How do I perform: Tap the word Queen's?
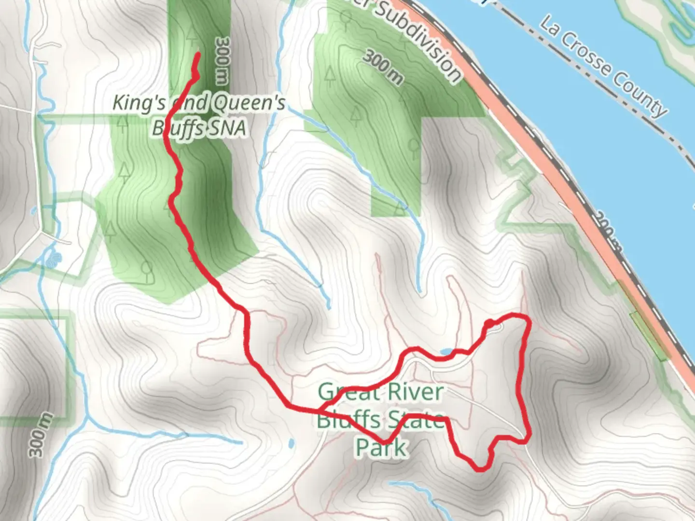248,103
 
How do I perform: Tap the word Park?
381,447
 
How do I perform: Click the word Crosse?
588,55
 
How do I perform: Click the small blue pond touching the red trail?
446,352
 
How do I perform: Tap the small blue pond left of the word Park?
291,443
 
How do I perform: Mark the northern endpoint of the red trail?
198,54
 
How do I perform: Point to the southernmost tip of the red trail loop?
479,469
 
